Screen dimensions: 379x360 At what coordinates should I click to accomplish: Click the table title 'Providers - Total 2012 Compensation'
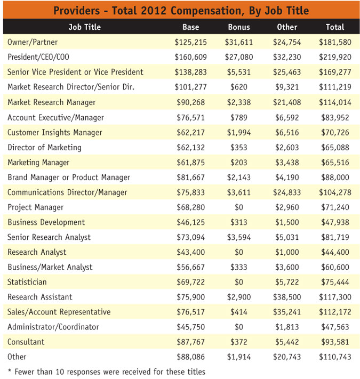pos(180,10)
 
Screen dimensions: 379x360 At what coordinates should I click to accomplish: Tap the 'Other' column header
pos(287,27)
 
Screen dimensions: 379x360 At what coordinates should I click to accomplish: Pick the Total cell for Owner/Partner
pos(335,42)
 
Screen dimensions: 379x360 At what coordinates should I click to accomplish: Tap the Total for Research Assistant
pos(335,297)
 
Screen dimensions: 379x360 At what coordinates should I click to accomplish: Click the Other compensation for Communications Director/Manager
pos(287,192)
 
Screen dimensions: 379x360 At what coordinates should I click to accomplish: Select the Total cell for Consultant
pos(335,342)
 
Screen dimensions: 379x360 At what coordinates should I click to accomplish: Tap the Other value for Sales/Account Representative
pos(287,312)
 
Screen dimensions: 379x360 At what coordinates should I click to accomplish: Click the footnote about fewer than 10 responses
pos(106,371)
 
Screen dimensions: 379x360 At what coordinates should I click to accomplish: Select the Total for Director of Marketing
pos(335,147)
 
